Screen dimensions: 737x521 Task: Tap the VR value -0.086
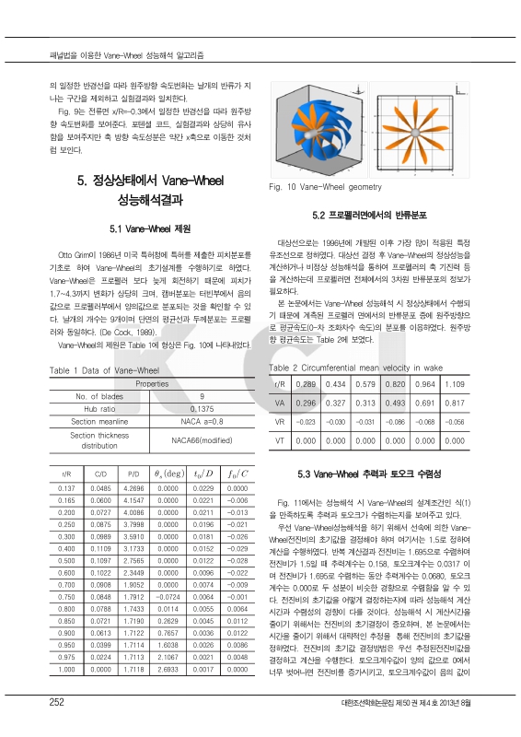[395, 421]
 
